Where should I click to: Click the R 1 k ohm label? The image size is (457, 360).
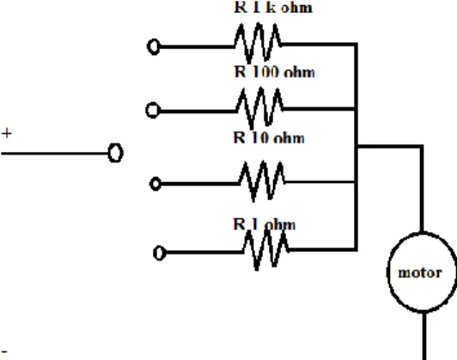point(273,7)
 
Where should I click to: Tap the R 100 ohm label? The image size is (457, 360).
point(274,71)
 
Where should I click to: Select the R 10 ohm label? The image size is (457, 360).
point(269,137)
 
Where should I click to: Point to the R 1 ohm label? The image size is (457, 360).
point(265,224)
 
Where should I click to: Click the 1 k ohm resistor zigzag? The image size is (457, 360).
point(258,43)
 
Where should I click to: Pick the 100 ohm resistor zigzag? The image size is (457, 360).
point(259,108)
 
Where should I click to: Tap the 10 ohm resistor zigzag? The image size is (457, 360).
point(262,181)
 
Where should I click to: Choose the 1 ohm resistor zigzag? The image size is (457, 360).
point(265,250)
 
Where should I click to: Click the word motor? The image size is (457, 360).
point(420,273)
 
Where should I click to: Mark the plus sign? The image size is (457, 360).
point(6,133)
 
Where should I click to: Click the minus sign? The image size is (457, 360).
point(4,351)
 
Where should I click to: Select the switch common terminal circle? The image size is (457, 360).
point(115,152)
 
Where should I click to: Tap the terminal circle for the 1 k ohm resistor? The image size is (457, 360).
point(154,46)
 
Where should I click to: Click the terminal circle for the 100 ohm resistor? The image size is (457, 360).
point(153,111)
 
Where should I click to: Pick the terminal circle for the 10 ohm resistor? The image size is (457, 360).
point(155,184)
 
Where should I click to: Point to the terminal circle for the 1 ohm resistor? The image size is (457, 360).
point(160,253)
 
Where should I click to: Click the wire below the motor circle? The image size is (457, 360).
point(424,336)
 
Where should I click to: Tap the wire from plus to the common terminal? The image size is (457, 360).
point(55,153)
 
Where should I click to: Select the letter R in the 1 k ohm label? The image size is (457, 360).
point(241,7)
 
